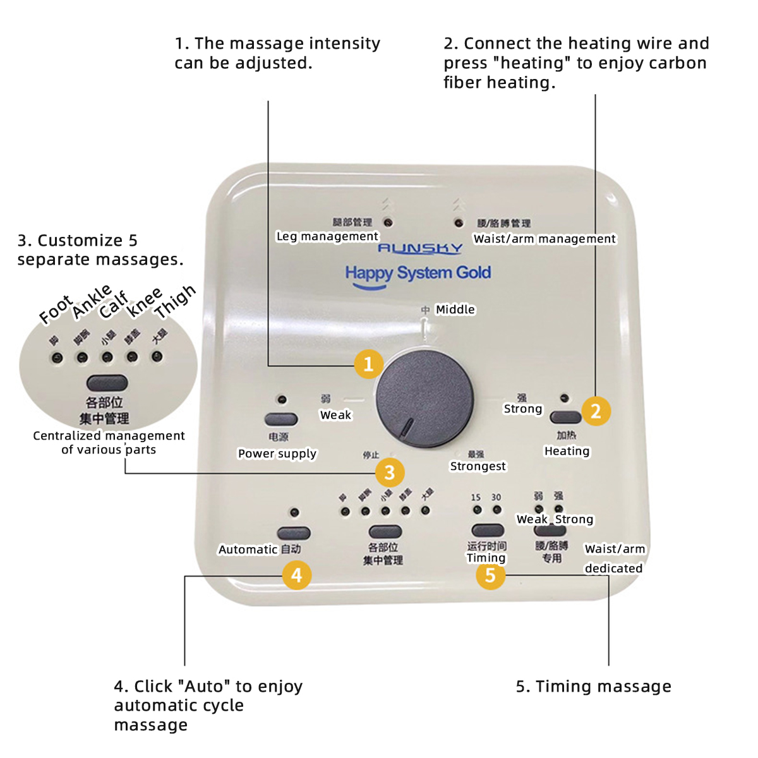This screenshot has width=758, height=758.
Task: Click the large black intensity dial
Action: (424, 399)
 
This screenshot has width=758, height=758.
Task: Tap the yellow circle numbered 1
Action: (369, 364)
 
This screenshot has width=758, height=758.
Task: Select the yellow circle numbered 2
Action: (596, 411)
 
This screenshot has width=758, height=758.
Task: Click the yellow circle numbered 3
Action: (390, 472)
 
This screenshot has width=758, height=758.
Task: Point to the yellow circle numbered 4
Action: (296, 575)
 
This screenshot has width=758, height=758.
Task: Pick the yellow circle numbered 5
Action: (490, 575)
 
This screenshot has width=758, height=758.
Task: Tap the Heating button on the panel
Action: (565, 417)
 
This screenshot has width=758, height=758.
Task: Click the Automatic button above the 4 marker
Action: (294, 533)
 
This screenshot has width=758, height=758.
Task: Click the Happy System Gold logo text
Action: (418, 273)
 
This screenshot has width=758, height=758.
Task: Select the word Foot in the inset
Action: (56, 310)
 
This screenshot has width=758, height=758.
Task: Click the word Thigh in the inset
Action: (175, 301)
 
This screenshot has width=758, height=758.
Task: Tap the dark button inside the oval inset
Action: (107, 383)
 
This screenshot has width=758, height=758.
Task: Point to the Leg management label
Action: (327, 236)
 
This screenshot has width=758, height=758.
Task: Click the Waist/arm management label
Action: (544, 239)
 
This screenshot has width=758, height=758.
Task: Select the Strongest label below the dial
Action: (478, 466)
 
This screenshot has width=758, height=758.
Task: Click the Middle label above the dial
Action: (455, 310)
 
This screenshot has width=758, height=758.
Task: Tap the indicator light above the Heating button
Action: (564, 399)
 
